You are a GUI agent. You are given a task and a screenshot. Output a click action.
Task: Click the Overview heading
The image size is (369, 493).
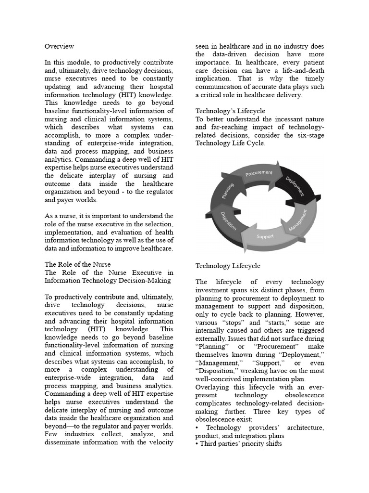pyautogui.click(x=59, y=46)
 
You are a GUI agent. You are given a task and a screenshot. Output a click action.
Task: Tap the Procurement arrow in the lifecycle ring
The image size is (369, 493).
pyautogui.click(x=258, y=173)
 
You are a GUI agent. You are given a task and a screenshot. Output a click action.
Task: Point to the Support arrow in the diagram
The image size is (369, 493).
pyautogui.click(x=265, y=236)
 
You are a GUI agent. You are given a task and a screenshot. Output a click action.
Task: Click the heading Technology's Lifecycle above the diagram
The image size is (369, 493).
pyautogui.click(x=230, y=111)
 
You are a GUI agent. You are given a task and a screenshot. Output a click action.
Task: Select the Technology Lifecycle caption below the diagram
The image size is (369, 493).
pyautogui.click(x=228, y=266)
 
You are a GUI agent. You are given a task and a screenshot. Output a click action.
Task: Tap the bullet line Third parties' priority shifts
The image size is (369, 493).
pyautogui.click(x=238, y=443)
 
